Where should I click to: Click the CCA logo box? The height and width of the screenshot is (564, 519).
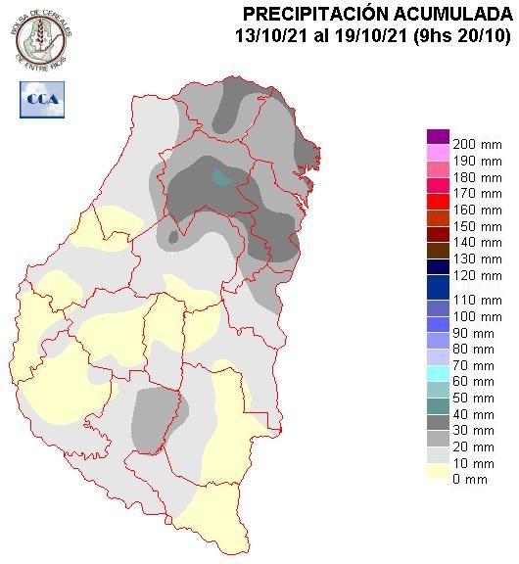tap(40, 98)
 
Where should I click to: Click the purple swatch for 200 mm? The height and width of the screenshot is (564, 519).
tap(438, 137)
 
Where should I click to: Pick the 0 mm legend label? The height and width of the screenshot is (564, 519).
tap(469, 480)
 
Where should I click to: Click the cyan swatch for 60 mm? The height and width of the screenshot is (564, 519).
tap(438, 372)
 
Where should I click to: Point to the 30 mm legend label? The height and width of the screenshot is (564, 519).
tap(471, 430)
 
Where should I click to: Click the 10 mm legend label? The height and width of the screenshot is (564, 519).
tap(471, 463)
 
